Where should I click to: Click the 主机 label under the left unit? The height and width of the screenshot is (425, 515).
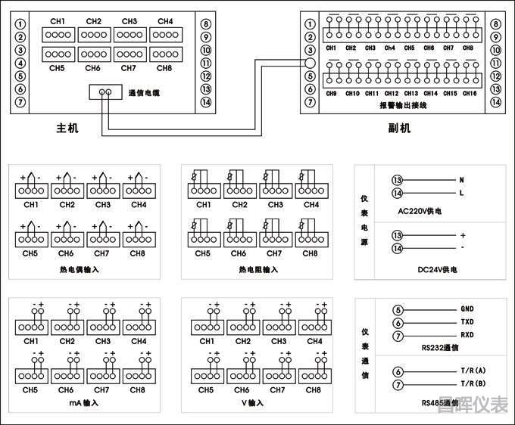(67, 128)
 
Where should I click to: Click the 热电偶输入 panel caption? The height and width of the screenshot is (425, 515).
(79, 269)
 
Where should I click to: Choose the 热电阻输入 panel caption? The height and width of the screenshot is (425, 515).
(258, 269)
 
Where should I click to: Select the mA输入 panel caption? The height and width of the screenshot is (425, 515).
(79, 403)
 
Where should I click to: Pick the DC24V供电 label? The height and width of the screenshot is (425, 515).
(429, 268)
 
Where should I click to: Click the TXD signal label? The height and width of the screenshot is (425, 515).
(467, 322)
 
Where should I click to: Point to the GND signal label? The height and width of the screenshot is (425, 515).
(467, 309)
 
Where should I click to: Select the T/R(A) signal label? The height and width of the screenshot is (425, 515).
(471, 371)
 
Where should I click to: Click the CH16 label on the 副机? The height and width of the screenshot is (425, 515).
(470, 93)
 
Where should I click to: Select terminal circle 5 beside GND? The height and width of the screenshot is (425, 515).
(398, 309)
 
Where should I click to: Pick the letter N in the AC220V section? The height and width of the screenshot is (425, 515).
(461, 180)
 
